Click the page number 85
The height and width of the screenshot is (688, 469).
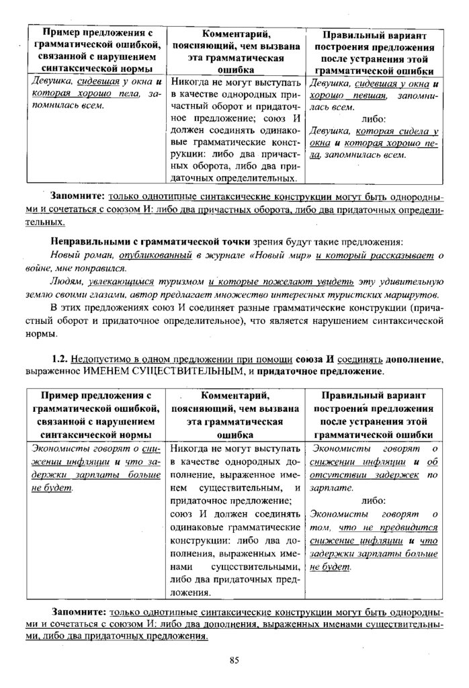point(234,659)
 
